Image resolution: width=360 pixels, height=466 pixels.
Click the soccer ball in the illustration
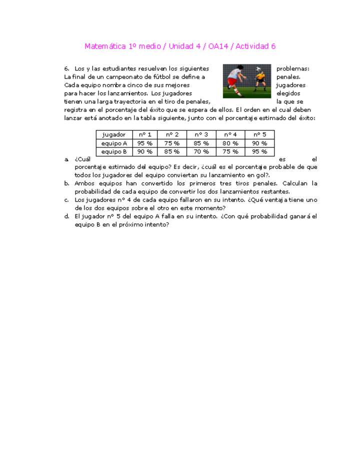pyautogui.click(x=258, y=69)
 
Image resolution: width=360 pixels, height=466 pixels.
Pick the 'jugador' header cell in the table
pyautogui.click(x=114, y=134)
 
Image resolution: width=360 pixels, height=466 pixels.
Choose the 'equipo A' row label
pyautogui.click(x=114, y=143)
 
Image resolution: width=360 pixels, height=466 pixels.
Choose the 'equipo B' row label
pyautogui.click(x=114, y=151)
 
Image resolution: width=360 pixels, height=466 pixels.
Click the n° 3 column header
pyautogui.click(x=201, y=134)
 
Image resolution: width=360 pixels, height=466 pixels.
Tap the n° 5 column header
pyautogui.click(x=259, y=134)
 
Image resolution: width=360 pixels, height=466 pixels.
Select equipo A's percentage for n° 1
pyautogui.click(x=145, y=143)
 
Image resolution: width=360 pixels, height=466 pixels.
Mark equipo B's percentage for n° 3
pyautogui.click(x=201, y=151)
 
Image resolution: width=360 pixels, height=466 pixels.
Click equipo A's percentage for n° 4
pyautogui.click(x=230, y=143)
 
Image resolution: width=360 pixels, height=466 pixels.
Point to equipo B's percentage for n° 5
pyautogui.click(x=259, y=151)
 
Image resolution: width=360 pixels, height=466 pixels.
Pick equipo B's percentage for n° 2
pyautogui.click(x=172, y=151)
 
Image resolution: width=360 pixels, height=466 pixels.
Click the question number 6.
pyautogui.click(x=66, y=68)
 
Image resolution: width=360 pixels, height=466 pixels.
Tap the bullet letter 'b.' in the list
pyautogui.click(x=66, y=183)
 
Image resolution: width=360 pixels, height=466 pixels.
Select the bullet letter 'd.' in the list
pyautogui.click(x=66, y=216)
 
